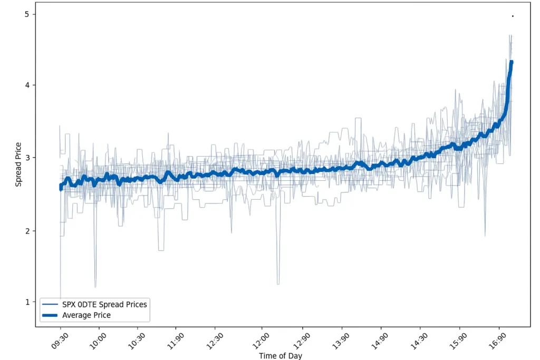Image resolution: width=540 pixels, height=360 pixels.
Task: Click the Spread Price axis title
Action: pyautogui.click(x=18, y=164)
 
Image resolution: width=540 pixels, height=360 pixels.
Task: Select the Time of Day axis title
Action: pyautogui.click(x=281, y=356)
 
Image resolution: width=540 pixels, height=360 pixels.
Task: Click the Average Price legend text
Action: pyautogui.click(x=86, y=315)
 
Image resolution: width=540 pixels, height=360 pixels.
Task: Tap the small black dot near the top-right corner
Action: pyautogui.click(x=513, y=16)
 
